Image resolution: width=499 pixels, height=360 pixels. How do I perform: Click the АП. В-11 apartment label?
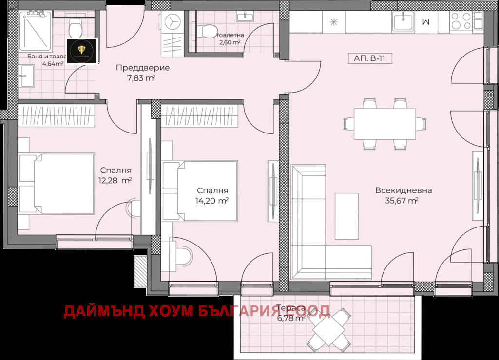tap(370, 58)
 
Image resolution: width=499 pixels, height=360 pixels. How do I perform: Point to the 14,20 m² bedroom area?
tap(212, 200)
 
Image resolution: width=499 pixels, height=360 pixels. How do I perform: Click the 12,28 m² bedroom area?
tap(115, 180)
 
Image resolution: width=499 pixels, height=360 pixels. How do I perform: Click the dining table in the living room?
tap(384, 124)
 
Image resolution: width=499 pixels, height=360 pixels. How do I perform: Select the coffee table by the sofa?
tap(346, 216)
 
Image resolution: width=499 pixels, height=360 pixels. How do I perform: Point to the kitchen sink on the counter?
tap(403, 22)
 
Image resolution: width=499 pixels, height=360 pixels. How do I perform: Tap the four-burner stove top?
tap(460, 22)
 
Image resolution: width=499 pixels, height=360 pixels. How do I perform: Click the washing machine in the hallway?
tap(172, 22)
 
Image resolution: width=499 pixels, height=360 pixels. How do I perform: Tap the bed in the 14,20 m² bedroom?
tap(201, 190)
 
